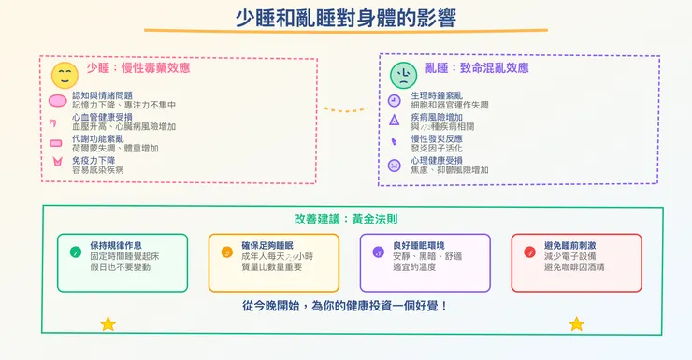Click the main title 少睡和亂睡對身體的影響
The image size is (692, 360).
345,20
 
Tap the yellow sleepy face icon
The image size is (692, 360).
65,75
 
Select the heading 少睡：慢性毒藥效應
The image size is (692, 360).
137,68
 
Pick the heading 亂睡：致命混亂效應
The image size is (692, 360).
476,68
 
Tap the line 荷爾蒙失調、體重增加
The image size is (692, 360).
116,149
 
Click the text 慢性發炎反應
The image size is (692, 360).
437,138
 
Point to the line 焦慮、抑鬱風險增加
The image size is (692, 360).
450,170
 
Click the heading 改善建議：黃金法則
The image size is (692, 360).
345,220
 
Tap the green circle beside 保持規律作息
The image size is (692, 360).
75,252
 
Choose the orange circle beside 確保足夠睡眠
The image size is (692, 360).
226,252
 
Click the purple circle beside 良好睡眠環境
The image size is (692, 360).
378,252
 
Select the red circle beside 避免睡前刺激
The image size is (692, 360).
529,252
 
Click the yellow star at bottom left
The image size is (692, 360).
108,324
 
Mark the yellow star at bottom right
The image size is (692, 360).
576,324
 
